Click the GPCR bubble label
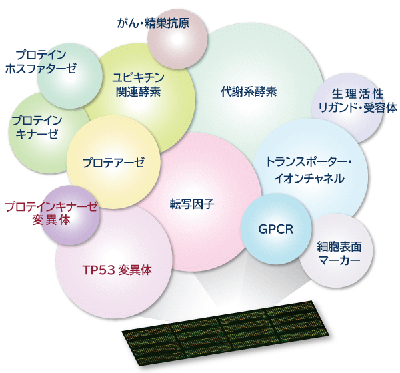275,230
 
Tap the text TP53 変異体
117,270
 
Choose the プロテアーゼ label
113,162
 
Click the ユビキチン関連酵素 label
138,84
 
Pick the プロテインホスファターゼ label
41,61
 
